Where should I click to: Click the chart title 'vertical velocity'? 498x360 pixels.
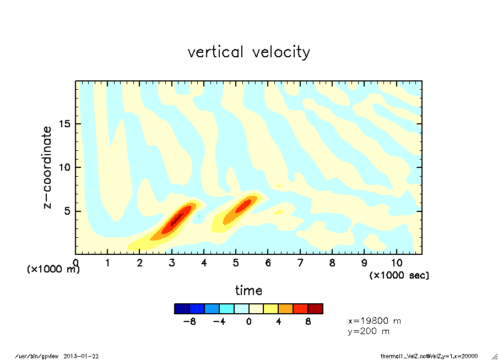pyautogui.click(x=248, y=52)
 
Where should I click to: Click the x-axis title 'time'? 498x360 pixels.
pyautogui.click(x=248, y=290)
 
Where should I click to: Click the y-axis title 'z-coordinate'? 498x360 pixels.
pyautogui.click(x=48, y=167)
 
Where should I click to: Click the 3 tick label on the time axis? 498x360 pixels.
pyautogui.click(x=172, y=263)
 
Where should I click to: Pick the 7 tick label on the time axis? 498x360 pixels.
pyautogui.click(x=300, y=263)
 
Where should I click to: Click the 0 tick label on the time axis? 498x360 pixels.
pyautogui.click(x=76, y=263)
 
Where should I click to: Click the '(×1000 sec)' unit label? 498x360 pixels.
pyautogui.click(x=399, y=275)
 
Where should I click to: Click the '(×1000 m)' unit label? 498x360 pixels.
pyautogui.click(x=53, y=269)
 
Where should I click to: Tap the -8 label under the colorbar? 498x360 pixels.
pyautogui.click(x=190, y=321)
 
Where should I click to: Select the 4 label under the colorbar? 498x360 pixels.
pyautogui.click(x=278, y=321)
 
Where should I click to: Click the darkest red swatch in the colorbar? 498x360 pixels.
pyautogui.click(x=315, y=309)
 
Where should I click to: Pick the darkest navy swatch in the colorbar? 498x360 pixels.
pyautogui.click(x=182, y=309)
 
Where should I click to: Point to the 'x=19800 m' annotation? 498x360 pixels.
pyautogui.click(x=375, y=320)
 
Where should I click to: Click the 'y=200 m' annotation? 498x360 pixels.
pyautogui.click(x=369, y=331)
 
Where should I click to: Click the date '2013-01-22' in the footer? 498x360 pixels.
pyautogui.click(x=85, y=356)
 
